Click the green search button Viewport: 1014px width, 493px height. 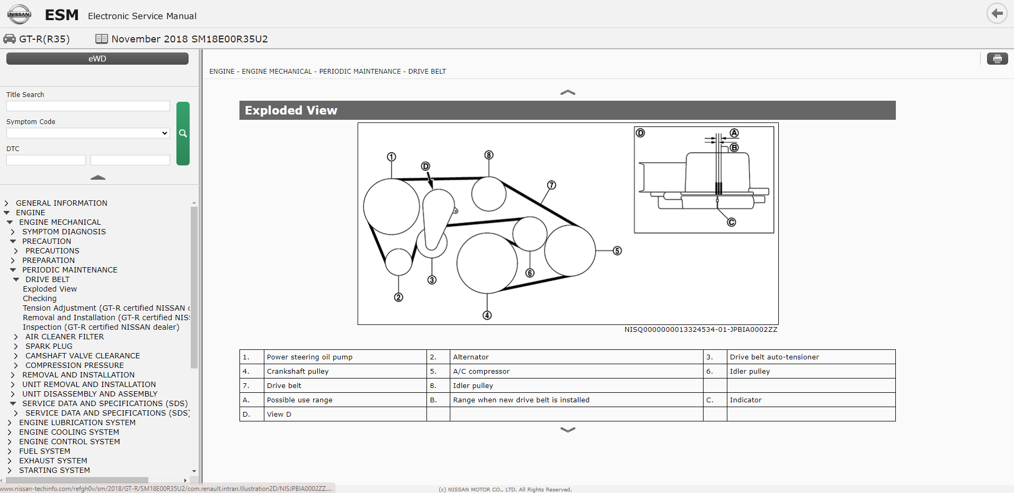coord(183,134)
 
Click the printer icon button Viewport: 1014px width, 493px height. coord(997,59)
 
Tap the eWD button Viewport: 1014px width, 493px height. coord(97,59)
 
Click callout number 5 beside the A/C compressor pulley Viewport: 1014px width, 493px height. coord(617,251)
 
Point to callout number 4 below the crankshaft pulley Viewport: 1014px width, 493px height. coord(487,315)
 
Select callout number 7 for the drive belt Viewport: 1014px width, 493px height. coord(552,185)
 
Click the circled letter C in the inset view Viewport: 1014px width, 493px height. coord(731,222)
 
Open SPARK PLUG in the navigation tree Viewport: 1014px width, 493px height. coord(49,346)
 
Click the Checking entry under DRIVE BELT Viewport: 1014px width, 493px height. coord(40,298)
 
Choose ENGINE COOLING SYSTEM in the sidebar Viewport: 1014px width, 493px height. coord(69,432)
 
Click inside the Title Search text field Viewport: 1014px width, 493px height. coord(88,106)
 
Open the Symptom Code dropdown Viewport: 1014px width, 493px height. coord(88,133)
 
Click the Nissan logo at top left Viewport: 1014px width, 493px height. coord(20,14)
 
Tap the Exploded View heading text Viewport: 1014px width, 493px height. coord(291,110)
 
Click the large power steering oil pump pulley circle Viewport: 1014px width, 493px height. coord(392,207)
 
